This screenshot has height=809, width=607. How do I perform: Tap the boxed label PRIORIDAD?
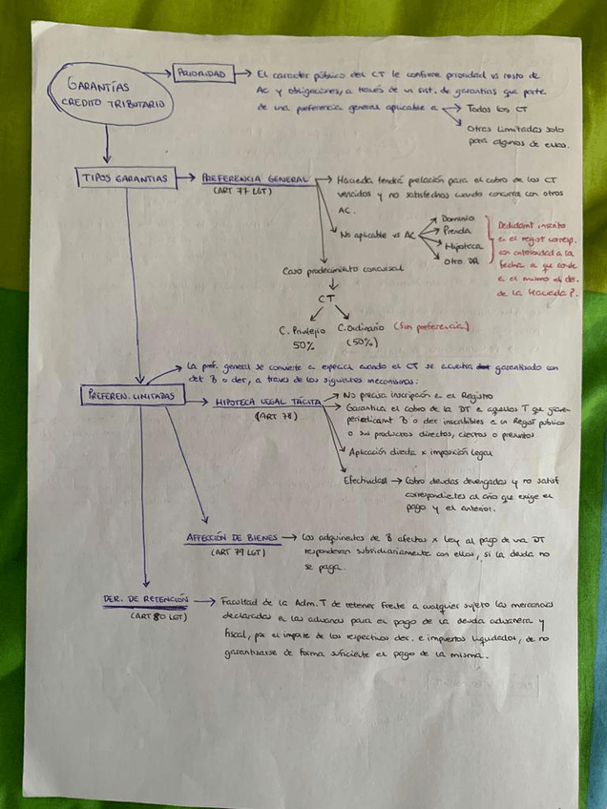203,73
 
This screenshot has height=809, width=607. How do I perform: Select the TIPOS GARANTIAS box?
124,178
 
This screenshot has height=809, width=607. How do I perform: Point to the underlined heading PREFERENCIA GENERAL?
256,178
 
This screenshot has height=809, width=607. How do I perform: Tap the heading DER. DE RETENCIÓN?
145,601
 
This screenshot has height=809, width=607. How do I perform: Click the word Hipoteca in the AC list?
462,246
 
